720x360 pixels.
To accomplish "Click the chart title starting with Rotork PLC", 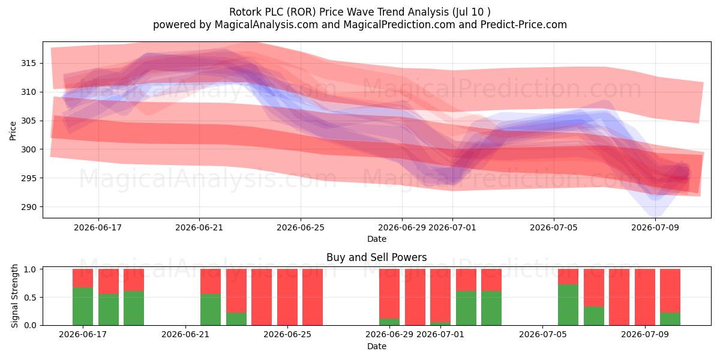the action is tap(359, 12).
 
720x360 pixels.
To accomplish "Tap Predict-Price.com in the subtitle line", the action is tap(523, 25).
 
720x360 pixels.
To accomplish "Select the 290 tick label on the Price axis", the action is tap(29, 207).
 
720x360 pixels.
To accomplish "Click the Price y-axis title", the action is tap(13, 131).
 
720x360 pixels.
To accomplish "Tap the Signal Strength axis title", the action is tap(14, 296).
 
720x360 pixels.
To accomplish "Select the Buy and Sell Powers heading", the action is tap(376, 257).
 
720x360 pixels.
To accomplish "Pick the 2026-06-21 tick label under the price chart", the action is tap(199, 227).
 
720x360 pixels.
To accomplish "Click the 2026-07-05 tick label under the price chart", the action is tap(553, 227).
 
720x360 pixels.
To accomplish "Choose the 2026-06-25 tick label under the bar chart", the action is tap(287, 334).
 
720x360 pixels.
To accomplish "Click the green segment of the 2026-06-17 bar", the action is tap(83, 307).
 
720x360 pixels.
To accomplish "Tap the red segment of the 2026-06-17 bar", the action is tap(83, 278).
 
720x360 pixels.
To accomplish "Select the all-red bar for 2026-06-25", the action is tap(287, 297).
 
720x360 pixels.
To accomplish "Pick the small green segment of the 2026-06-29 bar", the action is tap(389, 322).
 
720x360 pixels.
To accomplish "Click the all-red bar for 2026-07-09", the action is tap(645, 297).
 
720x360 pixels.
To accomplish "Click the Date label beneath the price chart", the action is tap(377, 239).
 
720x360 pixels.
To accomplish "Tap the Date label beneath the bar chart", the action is tap(377, 346).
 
